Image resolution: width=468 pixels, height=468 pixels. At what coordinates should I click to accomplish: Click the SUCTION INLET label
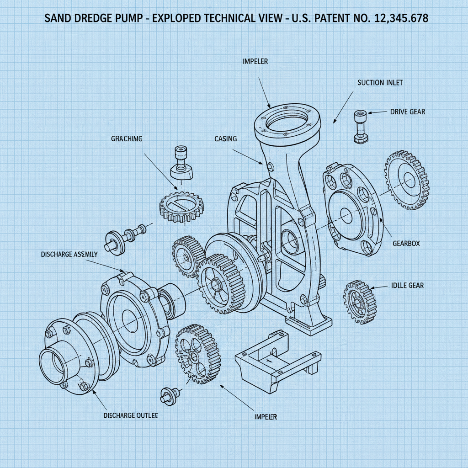coord(380,83)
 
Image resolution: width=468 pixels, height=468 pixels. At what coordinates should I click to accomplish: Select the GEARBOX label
coord(406,244)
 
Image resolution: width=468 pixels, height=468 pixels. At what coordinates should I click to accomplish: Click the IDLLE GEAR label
coord(407,286)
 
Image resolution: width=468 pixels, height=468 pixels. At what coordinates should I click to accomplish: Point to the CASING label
coord(225,138)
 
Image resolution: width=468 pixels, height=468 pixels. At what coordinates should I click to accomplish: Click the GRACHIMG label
coord(127,138)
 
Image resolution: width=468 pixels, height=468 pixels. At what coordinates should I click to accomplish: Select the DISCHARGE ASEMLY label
coord(69,254)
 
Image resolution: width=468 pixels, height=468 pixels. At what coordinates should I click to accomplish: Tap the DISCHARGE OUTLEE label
coord(131,415)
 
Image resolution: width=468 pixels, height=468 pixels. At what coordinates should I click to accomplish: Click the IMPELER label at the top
coord(255,60)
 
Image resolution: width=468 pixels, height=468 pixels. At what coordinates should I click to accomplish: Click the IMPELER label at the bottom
coord(265,417)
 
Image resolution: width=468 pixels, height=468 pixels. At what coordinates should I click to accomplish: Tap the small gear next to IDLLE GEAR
coord(360,302)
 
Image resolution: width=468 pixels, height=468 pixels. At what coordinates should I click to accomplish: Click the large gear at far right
coord(406,179)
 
